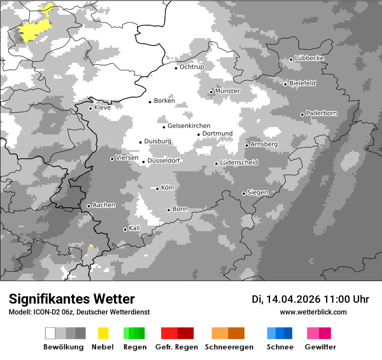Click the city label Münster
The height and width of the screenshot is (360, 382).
coord(227,91)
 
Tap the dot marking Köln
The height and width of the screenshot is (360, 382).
coord(158,189)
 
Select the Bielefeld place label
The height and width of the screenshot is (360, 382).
coord(303,83)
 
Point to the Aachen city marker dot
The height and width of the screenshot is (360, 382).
coord(89,206)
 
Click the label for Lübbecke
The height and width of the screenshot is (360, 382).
coord(310,58)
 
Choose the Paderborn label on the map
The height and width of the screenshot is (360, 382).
coord(322,114)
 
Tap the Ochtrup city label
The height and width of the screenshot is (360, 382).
coord(192,67)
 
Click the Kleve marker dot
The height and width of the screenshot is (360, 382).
coord(91,108)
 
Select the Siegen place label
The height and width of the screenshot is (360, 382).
coord(258,193)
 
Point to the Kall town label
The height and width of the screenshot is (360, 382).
coord(135,228)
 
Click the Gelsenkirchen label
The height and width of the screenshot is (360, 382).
coord(189,126)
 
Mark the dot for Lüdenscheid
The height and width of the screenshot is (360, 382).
coord(217,164)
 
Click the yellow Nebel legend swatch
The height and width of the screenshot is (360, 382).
coord(103,333)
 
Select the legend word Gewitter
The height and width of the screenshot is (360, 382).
coord(320,347)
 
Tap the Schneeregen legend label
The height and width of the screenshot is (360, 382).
coord(229,347)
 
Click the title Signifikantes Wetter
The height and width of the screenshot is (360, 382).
coord(72,299)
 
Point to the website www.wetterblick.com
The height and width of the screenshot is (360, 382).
coord(313,312)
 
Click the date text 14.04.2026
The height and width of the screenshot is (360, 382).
coord(293,299)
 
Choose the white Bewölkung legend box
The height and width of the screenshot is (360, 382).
coord(50,333)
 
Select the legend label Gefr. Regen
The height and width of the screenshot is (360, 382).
coord(177,347)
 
